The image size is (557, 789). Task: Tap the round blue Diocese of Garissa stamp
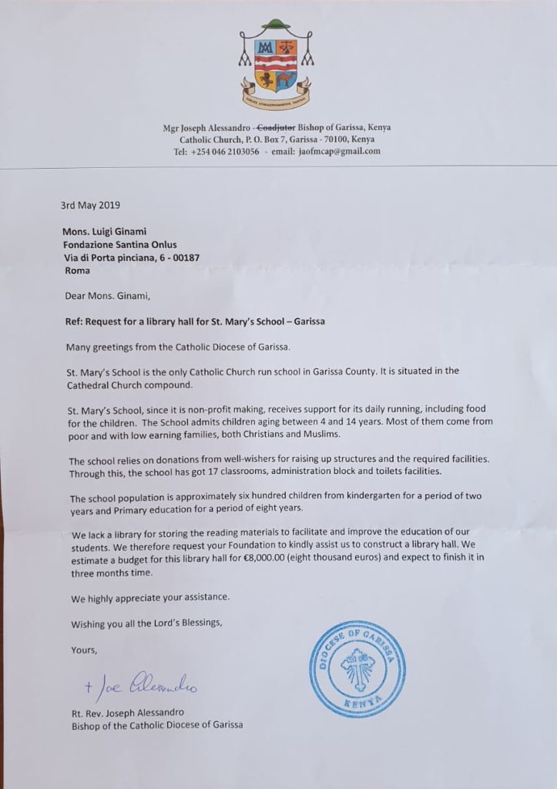tap(357, 669)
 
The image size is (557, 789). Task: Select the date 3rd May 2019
tap(90, 206)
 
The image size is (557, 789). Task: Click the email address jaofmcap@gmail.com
tap(334, 151)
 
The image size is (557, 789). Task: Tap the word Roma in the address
tap(75, 270)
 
